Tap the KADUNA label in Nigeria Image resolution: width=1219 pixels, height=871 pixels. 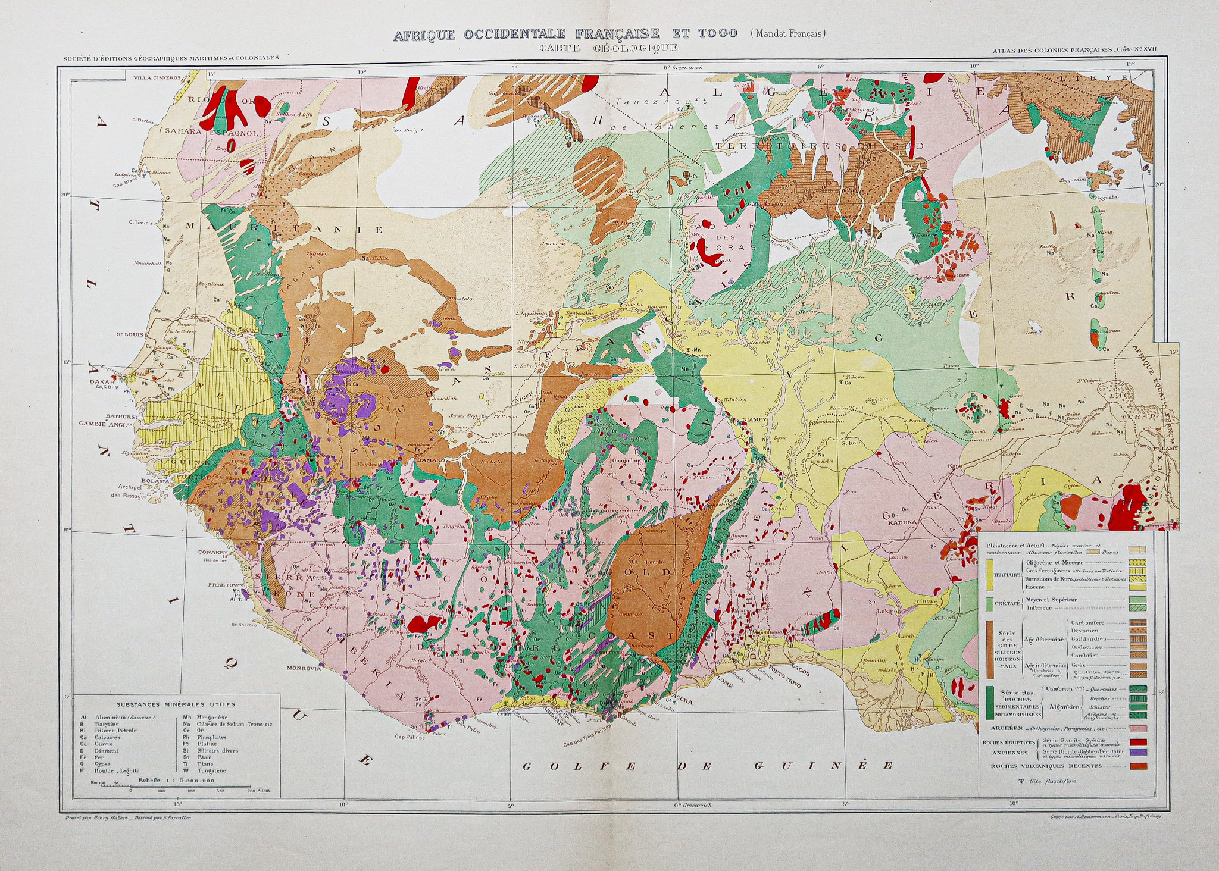(904, 524)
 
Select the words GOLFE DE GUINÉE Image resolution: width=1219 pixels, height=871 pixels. (708, 766)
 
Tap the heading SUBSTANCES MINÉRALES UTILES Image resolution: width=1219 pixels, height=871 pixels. (176, 704)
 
